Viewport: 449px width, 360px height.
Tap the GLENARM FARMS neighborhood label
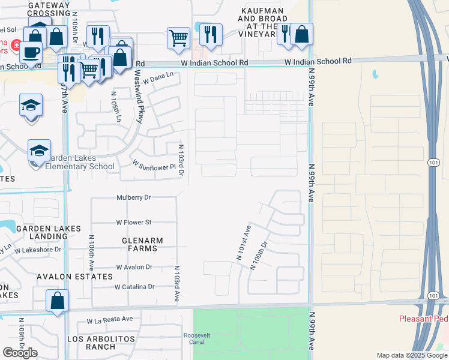coord(142,245)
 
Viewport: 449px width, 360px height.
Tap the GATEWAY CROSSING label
coord(49,9)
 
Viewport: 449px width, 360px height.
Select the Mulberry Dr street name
coord(134,197)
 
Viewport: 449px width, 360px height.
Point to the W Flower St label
coord(134,222)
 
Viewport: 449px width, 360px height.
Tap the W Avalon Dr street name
coord(134,267)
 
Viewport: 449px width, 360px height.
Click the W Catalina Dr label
coord(134,287)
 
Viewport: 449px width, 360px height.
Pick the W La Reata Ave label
coord(109,320)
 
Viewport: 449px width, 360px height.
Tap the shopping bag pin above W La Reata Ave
coord(57,301)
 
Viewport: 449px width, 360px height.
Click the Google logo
coord(20,353)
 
